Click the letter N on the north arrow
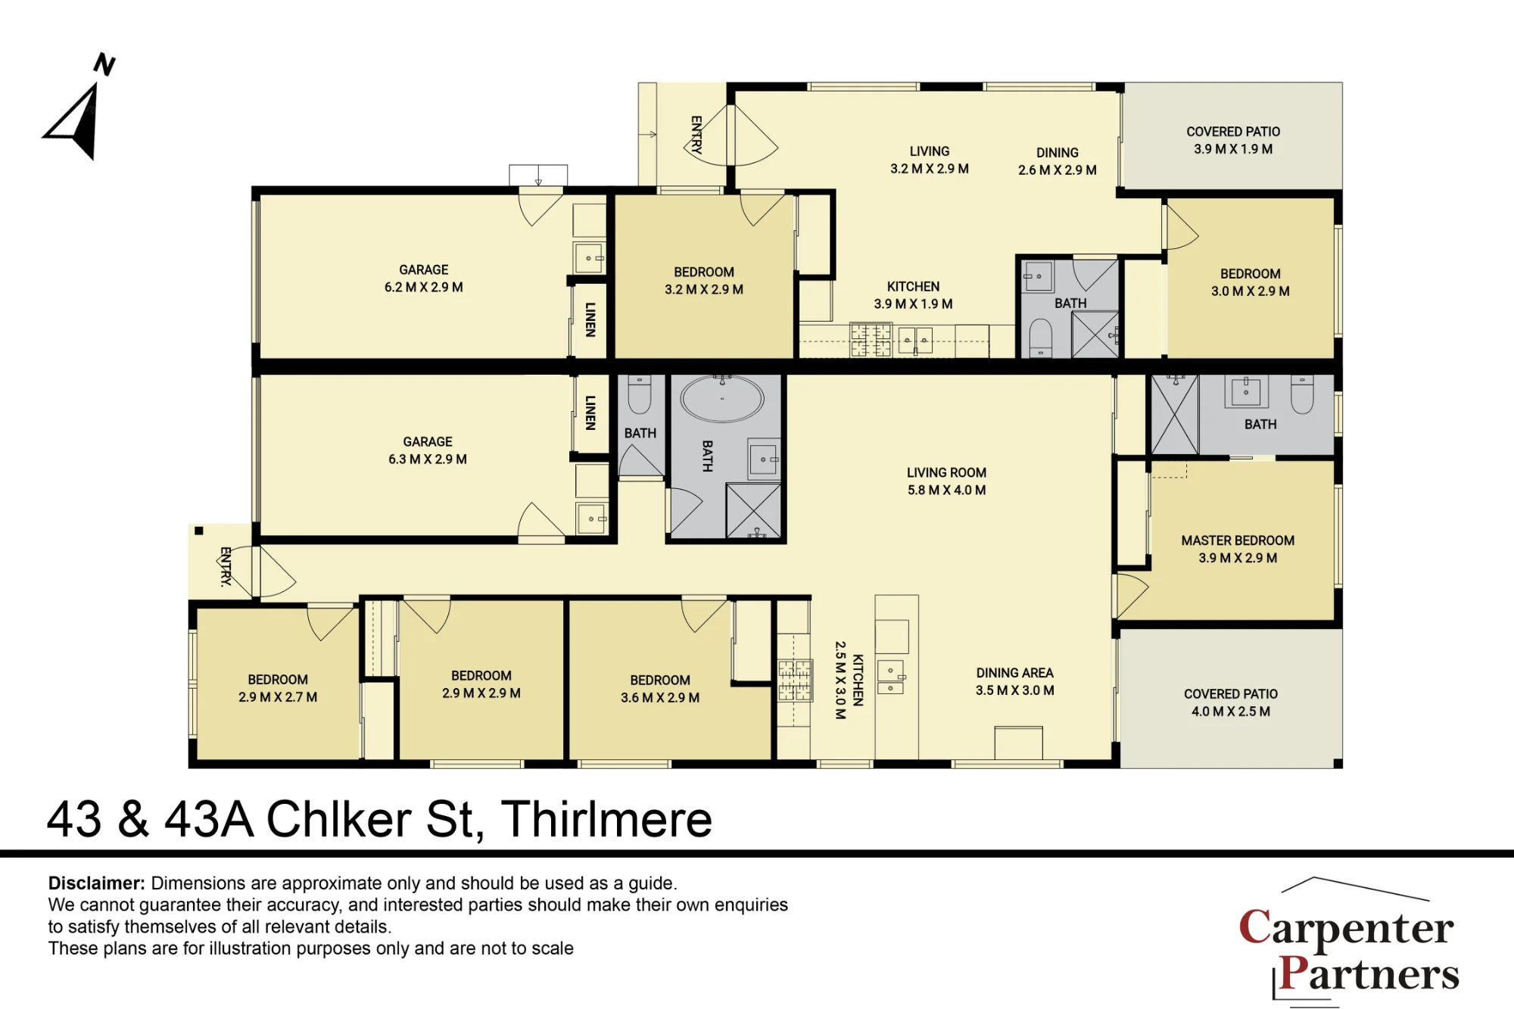[104, 64]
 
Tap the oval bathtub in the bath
[722, 398]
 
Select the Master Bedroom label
[1238, 549]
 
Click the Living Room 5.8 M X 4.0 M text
[946, 481]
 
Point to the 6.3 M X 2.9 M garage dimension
[428, 459]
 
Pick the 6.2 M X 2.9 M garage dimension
[424, 288]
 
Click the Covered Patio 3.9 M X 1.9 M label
[1233, 141]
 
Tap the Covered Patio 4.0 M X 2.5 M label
[1231, 702]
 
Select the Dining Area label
[1014, 673]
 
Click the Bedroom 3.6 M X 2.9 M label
[660, 689]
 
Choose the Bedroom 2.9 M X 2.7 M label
[278, 688]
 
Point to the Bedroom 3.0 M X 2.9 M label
[1251, 282]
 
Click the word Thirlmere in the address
[606, 819]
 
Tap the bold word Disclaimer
[96, 883]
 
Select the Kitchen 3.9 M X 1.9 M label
[913, 295]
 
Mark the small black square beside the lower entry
[199, 531]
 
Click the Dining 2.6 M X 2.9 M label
[1058, 161]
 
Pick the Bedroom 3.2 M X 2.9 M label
[704, 281]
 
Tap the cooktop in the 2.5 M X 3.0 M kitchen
[795, 680]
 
